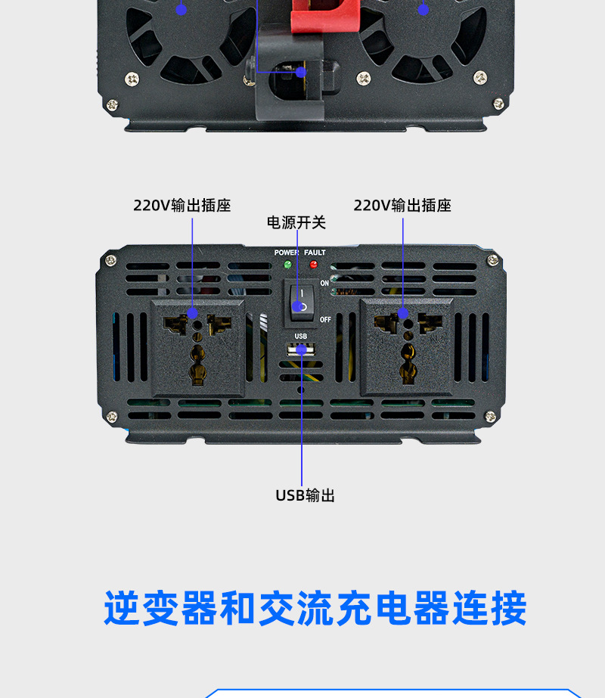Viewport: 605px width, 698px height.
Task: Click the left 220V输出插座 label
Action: [x=181, y=206]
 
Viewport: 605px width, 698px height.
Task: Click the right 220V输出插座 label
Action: [x=402, y=206]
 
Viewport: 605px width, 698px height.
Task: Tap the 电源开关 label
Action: [x=296, y=222]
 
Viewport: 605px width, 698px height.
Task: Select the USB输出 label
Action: [x=305, y=495]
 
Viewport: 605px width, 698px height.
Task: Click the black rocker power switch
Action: [x=301, y=300]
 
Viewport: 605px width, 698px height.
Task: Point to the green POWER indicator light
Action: [x=287, y=265]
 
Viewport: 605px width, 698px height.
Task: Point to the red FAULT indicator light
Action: [x=313, y=265]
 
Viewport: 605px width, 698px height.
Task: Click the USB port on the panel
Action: [x=301, y=350]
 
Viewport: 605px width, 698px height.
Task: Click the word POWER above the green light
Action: [x=287, y=253]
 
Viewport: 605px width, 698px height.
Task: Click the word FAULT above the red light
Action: [x=315, y=253]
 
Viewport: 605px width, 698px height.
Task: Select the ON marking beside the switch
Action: [x=324, y=283]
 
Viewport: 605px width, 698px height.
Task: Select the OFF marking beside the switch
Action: [x=325, y=319]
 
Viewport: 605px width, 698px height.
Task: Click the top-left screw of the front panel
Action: [x=111, y=260]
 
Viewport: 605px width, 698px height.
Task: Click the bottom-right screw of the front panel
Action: [x=493, y=416]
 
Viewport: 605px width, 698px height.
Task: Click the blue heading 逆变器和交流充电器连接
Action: [x=315, y=609]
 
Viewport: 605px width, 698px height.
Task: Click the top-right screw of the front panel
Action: [x=493, y=260]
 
